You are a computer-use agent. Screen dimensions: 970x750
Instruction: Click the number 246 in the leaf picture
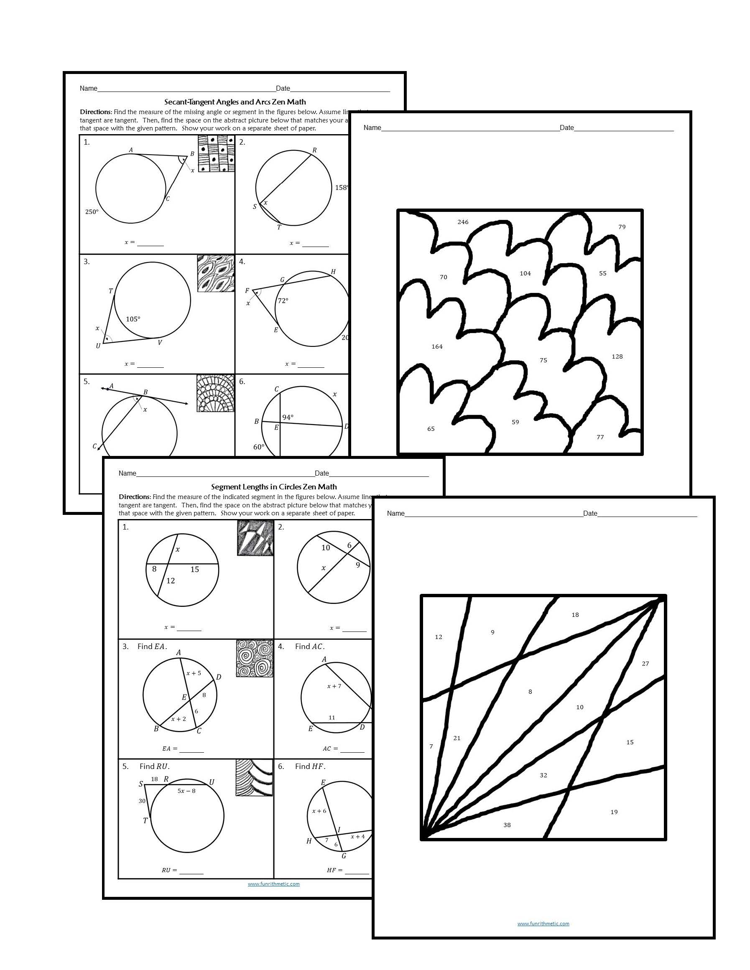(462, 222)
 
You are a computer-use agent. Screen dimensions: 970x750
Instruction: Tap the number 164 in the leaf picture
(437, 346)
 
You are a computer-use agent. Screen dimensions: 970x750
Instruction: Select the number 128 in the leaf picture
(617, 356)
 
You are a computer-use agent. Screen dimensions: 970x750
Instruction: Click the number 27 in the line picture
(645, 664)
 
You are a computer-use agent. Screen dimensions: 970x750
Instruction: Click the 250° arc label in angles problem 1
(92, 212)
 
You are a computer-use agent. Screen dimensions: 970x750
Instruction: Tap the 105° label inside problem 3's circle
(133, 319)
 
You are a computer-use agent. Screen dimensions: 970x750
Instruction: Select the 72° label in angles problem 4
(283, 300)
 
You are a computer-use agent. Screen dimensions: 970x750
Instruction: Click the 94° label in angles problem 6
(288, 418)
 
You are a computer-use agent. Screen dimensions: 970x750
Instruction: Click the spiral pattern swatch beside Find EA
(254, 658)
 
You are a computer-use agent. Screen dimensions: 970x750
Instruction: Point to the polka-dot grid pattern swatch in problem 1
(216, 154)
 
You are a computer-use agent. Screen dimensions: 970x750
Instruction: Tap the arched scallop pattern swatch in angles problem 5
(215, 393)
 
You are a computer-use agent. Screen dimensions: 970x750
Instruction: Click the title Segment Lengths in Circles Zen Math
(274, 487)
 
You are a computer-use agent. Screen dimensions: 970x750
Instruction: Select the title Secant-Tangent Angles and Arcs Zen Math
(235, 102)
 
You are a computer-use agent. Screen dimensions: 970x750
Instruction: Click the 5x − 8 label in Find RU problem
(186, 791)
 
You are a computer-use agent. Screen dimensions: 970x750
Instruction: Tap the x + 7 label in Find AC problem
(334, 686)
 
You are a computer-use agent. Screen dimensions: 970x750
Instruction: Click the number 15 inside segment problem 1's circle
(195, 569)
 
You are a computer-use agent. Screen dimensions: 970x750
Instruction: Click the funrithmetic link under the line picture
(543, 923)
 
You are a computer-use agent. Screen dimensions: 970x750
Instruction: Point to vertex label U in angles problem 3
(98, 346)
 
